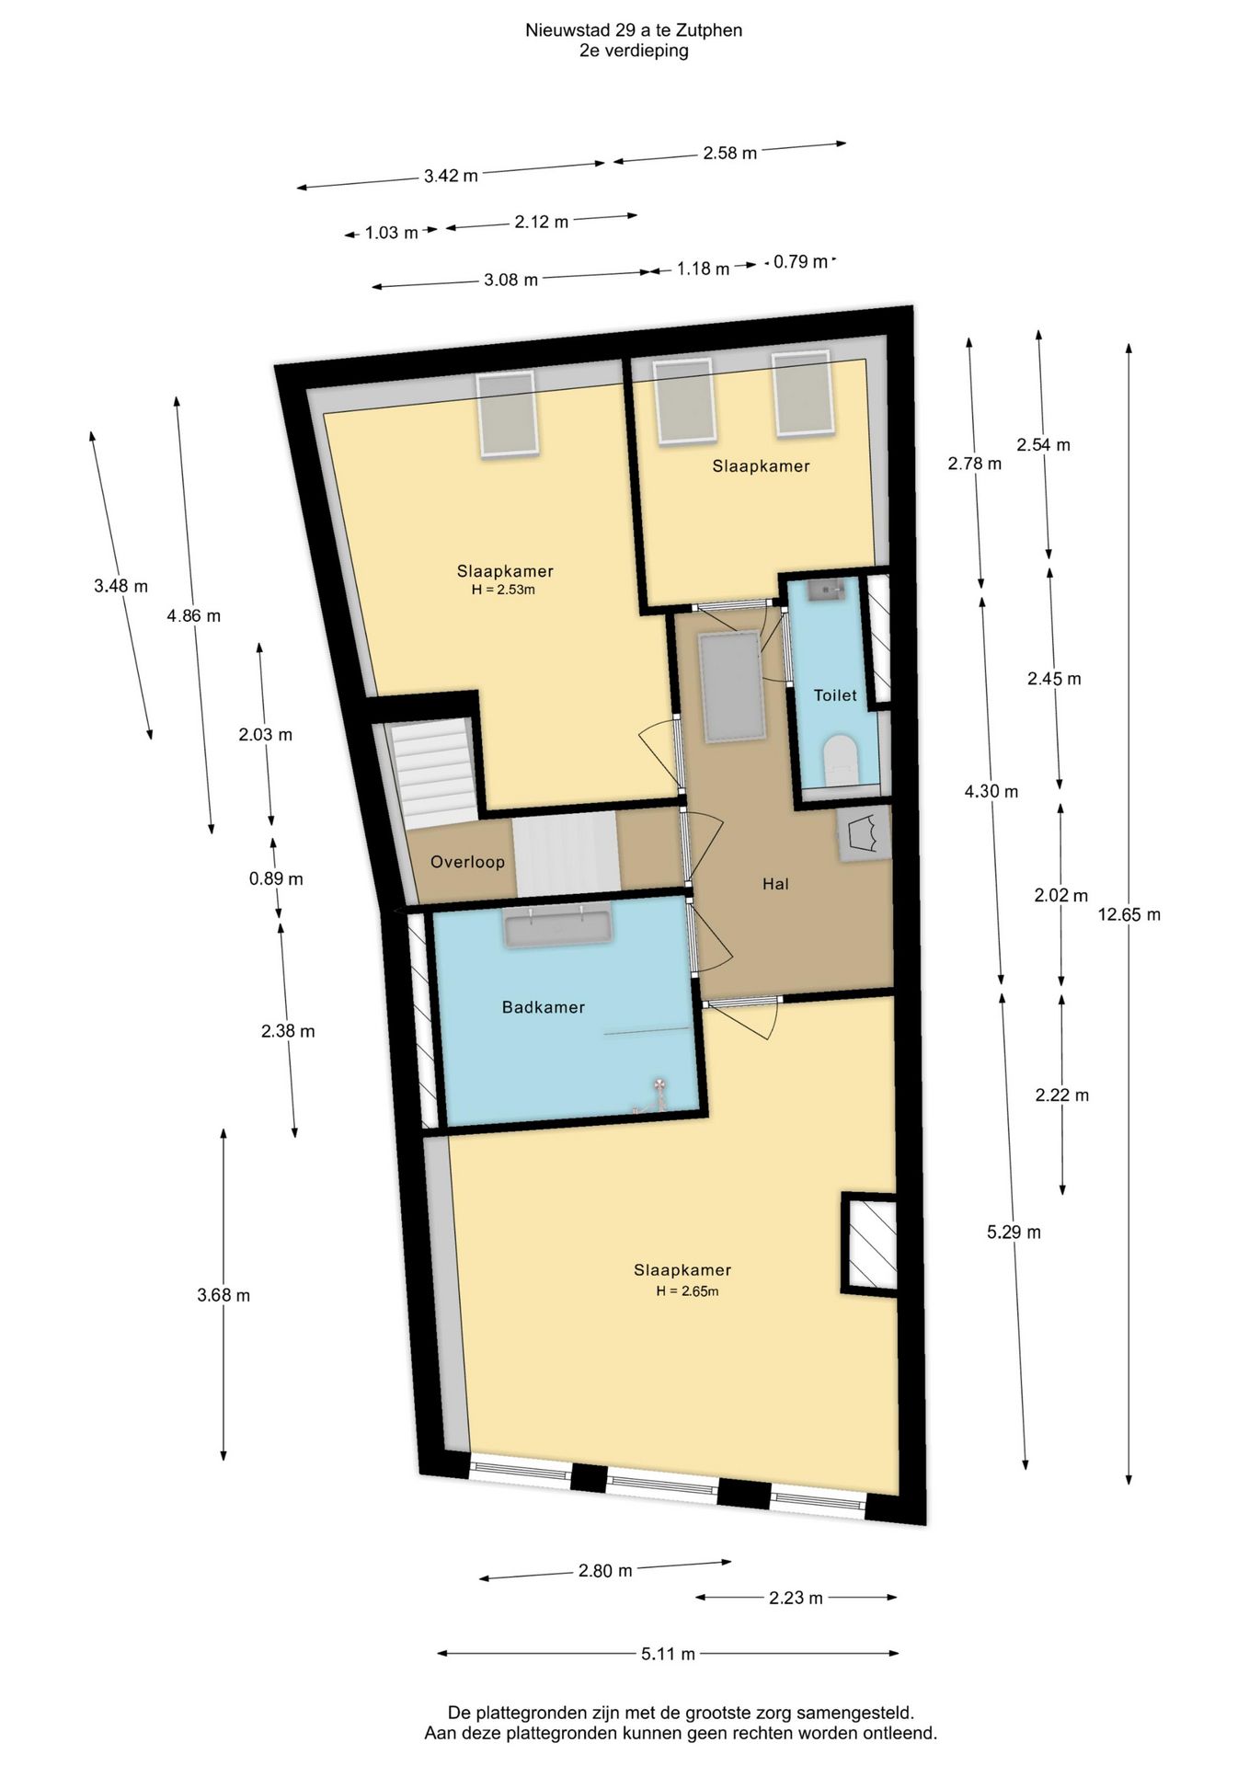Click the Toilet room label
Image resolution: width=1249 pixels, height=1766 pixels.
834,695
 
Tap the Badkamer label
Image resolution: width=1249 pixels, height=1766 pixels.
543,1007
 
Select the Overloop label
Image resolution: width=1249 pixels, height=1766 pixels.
467,862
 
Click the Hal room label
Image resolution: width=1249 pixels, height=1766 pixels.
775,884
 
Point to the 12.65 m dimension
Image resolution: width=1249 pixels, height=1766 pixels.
1129,914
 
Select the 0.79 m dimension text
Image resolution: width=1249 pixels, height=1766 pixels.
800,261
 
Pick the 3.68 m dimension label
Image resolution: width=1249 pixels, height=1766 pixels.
223,1295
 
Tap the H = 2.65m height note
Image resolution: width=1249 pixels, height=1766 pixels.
687,1290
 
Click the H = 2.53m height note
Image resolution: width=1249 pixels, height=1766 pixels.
503,590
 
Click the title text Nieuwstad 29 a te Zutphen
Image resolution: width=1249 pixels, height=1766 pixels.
634,30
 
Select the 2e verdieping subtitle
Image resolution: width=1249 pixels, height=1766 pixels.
634,51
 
